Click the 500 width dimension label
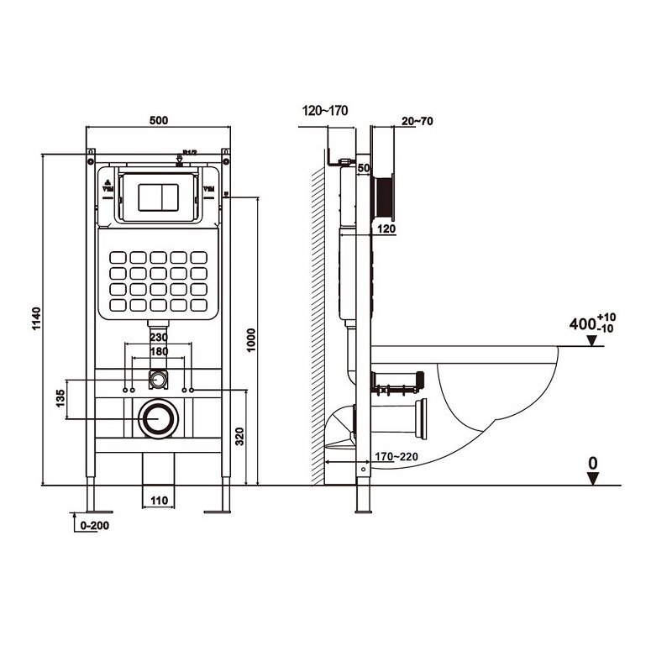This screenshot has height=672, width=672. (x=159, y=120)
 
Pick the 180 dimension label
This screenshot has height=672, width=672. (x=159, y=351)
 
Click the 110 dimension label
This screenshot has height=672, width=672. (x=159, y=501)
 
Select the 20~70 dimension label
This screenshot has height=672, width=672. (x=417, y=121)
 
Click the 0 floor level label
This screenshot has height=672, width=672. (x=592, y=461)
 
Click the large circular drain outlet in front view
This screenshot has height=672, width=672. (x=156, y=417)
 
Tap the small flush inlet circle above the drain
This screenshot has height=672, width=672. (x=157, y=380)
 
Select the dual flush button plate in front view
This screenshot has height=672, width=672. (x=157, y=195)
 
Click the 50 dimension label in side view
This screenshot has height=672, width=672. (x=364, y=168)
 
